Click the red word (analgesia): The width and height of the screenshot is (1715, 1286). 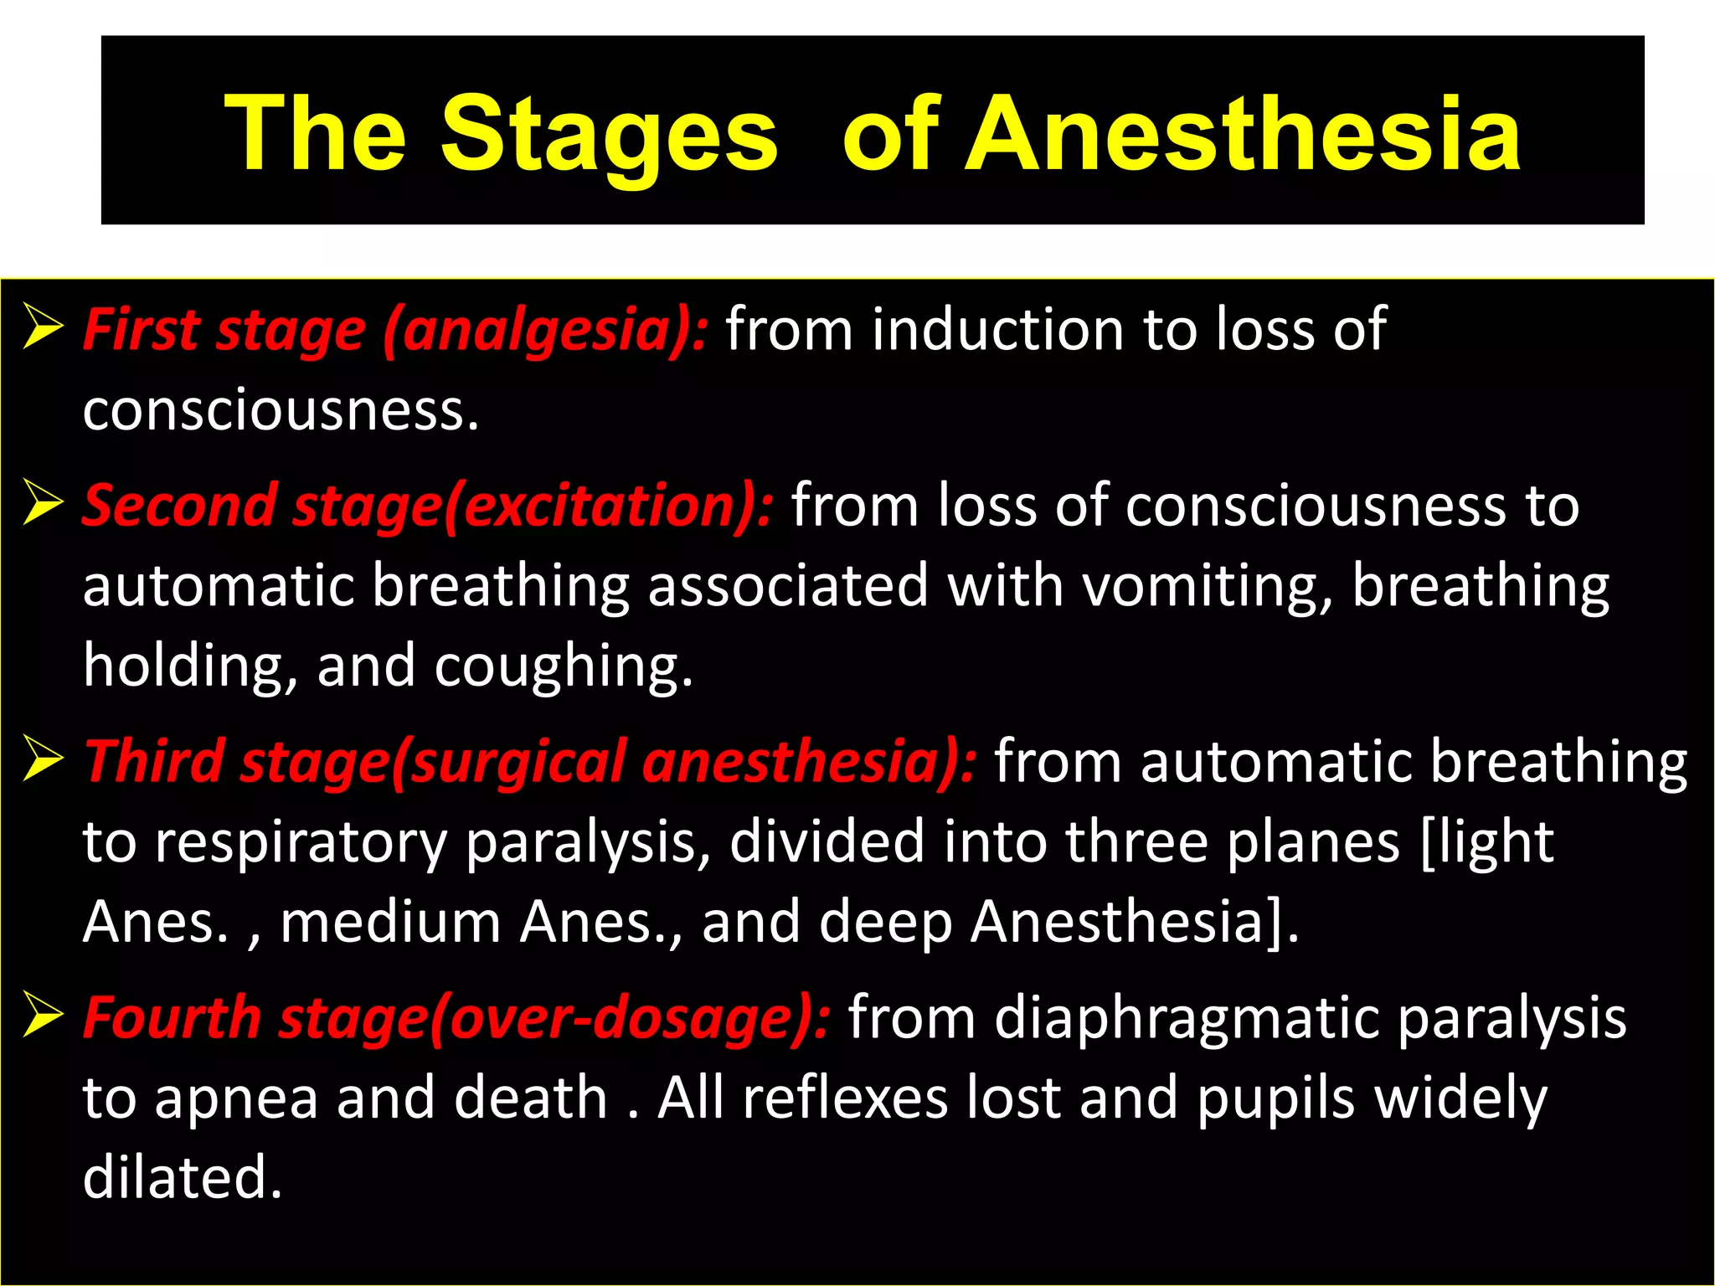coord(545,330)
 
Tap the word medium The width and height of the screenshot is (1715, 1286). coord(390,921)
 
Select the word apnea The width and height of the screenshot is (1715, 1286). coord(236,1098)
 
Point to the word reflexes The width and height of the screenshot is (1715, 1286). coord(845,1097)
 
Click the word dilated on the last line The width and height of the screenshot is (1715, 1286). coord(183,1177)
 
